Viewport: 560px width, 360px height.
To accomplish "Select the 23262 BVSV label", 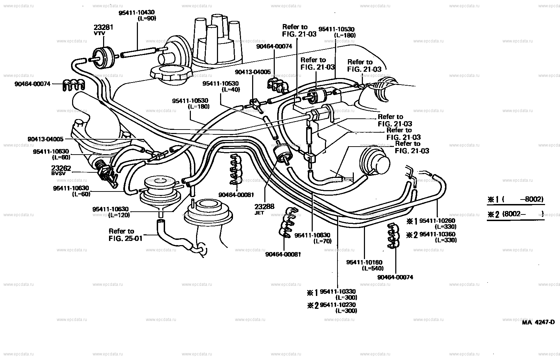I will click(x=62, y=170).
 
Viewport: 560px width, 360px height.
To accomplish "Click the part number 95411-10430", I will click(x=137, y=13).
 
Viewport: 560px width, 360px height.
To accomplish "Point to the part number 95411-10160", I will click(x=364, y=262).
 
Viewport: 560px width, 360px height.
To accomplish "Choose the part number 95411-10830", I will click(x=312, y=235).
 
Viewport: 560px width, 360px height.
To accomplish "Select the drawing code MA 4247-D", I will click(x=538, y=322).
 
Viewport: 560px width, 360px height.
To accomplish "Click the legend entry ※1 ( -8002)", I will click(x=515, y=199).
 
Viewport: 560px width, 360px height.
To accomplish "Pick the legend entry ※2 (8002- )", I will click(x=515, y=214).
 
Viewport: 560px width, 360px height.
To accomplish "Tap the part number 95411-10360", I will click(x=437, y=234).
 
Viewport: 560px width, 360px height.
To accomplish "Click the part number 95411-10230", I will click(x=338, y=305).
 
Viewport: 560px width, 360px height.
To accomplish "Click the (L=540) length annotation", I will click(x=373, y=268).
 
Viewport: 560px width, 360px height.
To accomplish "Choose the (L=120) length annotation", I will click(x=119, y=215).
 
